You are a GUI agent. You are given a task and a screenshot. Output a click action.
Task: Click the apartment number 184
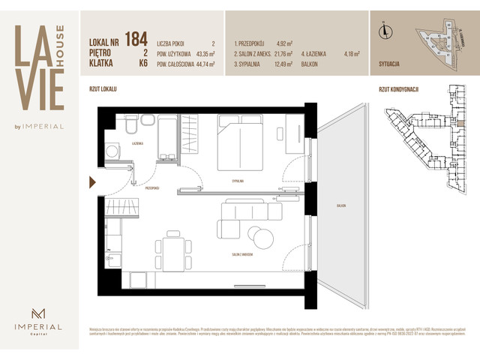click(x=136, y=39)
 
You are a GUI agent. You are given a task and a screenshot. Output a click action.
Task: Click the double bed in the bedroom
click(x=243, y=142)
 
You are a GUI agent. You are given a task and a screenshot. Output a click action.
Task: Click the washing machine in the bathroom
click(x=114, y=151)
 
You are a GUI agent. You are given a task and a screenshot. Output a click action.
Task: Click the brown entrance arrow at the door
click(x=92, y=181)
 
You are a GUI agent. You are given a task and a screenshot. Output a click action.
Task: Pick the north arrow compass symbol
click(x=384, y=31)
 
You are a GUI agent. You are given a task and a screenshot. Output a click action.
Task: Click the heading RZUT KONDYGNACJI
click(x=398, y=89)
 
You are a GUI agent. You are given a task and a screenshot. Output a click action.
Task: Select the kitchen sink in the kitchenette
click(x=115, y=260)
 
